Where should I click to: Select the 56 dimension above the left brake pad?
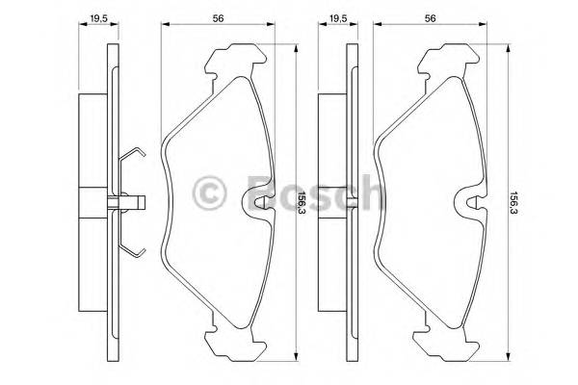(221, 15)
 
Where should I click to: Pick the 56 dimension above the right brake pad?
(430, 15)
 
